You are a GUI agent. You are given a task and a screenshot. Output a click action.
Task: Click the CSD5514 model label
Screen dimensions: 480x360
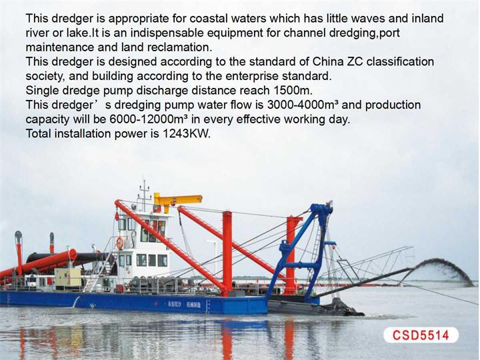(x=421, y=335)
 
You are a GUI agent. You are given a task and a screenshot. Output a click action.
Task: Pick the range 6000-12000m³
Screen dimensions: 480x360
(x=149, y=119)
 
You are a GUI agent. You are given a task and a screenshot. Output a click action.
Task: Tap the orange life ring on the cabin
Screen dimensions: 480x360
(x=120, y=243)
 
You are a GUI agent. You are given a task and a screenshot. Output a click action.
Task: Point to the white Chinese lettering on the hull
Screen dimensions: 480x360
(x=184, y=305)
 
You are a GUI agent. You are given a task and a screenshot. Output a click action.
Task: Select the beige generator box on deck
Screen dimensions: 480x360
(x=68, y=278)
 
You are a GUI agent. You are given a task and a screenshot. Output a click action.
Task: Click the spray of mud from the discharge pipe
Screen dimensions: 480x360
(x=444, y=270)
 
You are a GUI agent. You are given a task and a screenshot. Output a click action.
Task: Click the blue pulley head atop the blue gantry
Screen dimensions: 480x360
(x=321, y=210)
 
